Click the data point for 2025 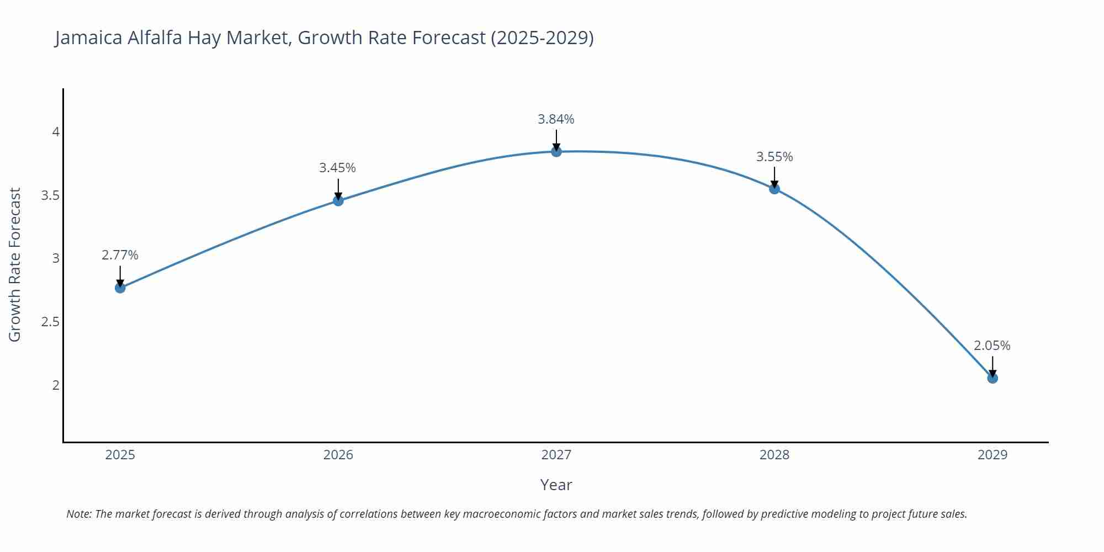click(x=120, y=288)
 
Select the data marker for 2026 click(x=338, y=200)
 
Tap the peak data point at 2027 click(x=556, y=151)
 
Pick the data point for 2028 click(x=774, y=188)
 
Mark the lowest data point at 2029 click(x=992, y=378)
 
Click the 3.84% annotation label click(x=556, y=119)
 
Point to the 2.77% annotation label click(x=120, y=255)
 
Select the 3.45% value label click(x=337, y=168)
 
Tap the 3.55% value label click(x=774, y=157)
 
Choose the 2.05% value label click(x=992, y=346)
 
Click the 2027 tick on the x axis click(x=556, y=455)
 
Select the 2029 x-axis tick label click(x=992, y=455)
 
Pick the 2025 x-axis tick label click(x=120, y=455)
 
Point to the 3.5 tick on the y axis click(x=50, y=195)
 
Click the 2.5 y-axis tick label click(x=50, y=322)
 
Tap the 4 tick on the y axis click(x=56, y=132)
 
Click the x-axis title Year click(x=556, y=485)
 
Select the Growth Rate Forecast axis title click(x=15, y=264)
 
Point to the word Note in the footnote click(x=78, y=514)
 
